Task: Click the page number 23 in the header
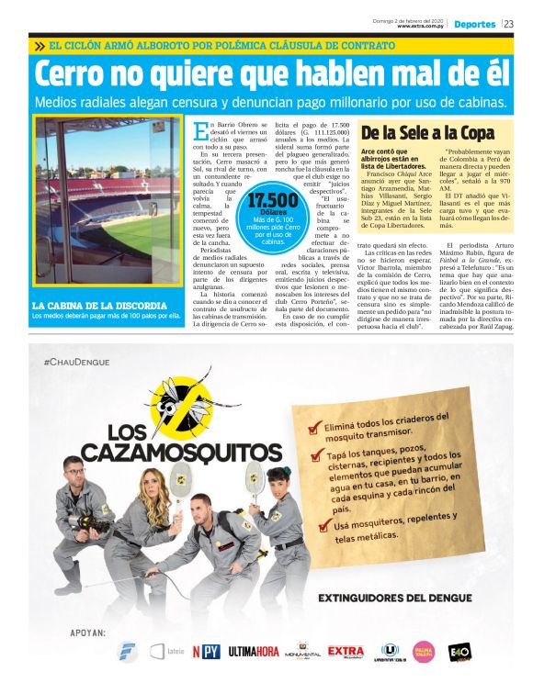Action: (508, 25)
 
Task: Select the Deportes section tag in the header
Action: (474, 25)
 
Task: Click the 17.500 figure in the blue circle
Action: (274, 201)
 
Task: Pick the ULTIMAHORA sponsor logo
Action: (254, 652)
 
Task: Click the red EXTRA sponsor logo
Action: (346, 651)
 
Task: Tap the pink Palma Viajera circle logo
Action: (423, 652)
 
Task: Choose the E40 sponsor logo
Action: (459, 652)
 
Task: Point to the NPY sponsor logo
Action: (206, 653)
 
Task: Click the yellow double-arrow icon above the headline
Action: (40, 45)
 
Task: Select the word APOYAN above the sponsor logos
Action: (87, 632)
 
